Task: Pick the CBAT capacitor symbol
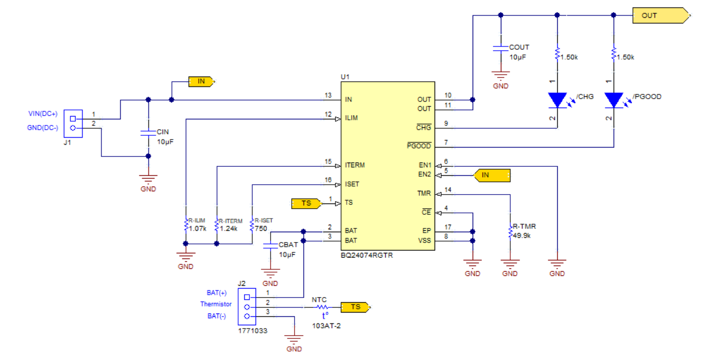tap(270, 246)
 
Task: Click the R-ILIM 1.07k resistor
tap(186, 226)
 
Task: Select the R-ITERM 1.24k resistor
tap(217, 226)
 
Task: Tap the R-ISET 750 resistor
tap(252, 226)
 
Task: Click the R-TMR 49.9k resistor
tap(510, 232)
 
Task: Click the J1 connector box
tap(73, 123)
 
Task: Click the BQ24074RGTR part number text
tap(366, 256)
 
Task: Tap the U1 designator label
tap(345, 77)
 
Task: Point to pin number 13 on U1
tap(328, 95)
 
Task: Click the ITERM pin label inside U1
tap(355, 165)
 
